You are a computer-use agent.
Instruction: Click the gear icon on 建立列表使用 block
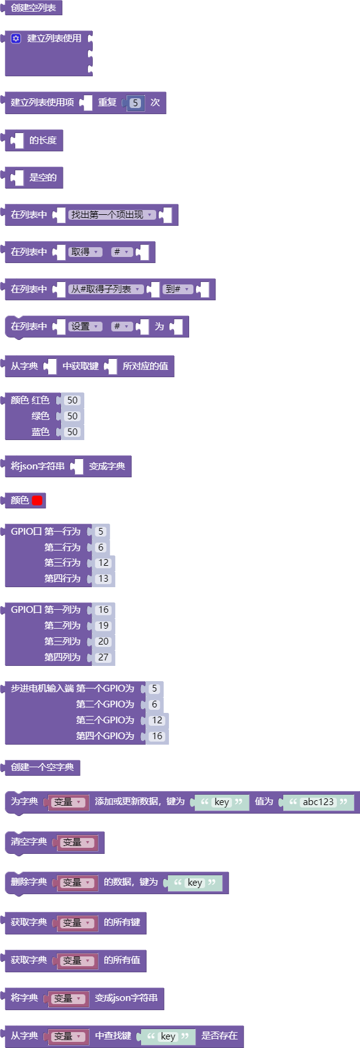pyautogui.click(x=16, y=38)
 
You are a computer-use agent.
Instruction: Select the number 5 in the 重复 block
pyautogui.click(x=135, y=103)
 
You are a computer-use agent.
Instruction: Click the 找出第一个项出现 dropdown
pyautogui.click(x=111, y=215)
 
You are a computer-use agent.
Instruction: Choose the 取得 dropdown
pyautogui.click(x=85, y=252)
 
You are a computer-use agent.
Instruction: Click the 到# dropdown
pyautogui.click(x=178, y=289)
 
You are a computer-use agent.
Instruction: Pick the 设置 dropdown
pyautogui.click(x=85, y=327)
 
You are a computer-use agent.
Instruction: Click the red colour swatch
pyautogui.click(x=37, y=501)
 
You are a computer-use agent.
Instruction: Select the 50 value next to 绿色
pyautogui.click(x=73, y=416)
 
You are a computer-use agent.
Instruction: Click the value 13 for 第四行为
pyautogui.click(x=104, y=579)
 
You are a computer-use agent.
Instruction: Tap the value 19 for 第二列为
pyautogui.click(x=104, y=626)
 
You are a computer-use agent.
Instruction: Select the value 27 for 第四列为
pyautogui.click(x=104, y=657)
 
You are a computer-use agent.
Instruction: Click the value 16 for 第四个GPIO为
pyautogui.click(x=157, y=736)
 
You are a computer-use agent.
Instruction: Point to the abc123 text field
pyautogui.click(x=319, y=802)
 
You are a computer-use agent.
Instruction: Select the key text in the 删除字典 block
pyautogui.click(x=195, y=883)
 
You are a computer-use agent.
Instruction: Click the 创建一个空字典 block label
pyautogui.click(x=42, y=767)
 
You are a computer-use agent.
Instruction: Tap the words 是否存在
pyautogui.click(x=220, y=1036)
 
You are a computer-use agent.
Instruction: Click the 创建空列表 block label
pyautogui.click(x=34, y=8)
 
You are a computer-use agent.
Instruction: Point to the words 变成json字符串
pyautogui.click(x=126, y=998)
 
